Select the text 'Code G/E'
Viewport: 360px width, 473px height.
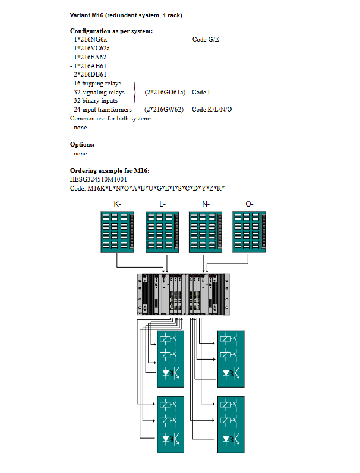(x=206, y=39)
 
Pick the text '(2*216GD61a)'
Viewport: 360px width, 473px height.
(x=165, y=92)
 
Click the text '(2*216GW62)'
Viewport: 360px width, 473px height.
(x=163, y=110)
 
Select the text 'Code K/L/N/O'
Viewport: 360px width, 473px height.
(x=211, y=110)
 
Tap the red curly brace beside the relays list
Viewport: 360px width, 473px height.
(x=136, y=92)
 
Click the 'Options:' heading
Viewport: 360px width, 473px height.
(x=82, y=144)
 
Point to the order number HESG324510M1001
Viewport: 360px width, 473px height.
(x=98, y=179)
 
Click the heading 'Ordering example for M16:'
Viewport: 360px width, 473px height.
(x=105, y=171)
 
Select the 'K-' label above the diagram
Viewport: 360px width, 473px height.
(x=117, y=204)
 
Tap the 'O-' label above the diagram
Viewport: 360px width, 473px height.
(x=250, y=204)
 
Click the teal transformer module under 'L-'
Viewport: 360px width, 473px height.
(x=162, y=233)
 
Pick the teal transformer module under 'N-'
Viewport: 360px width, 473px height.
(x=206, y=233)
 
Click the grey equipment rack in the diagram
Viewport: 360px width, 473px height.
(x=183, y=294)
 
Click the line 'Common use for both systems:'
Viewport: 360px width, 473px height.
(x=112, y=119)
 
